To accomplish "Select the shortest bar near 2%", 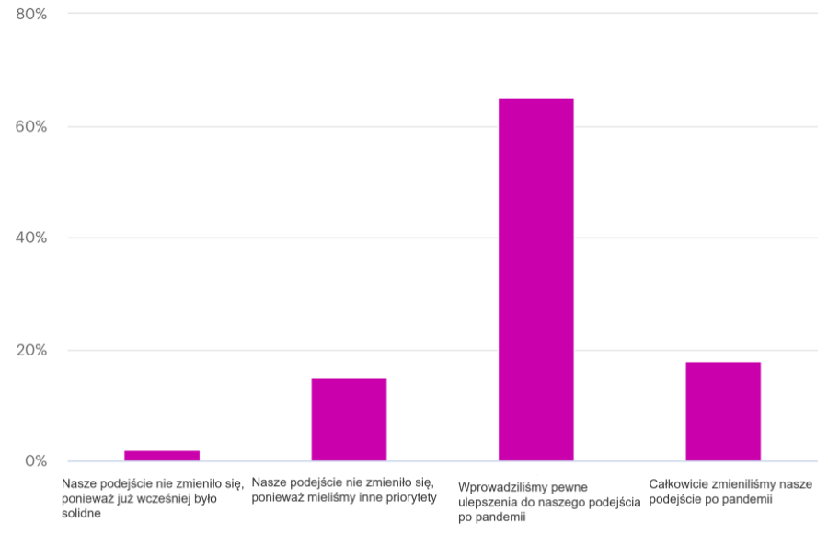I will point(162,456).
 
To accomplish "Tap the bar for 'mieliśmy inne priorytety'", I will point(349,419).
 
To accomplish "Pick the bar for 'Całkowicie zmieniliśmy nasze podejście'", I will point(723,411).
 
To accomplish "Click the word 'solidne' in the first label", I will point(81,514).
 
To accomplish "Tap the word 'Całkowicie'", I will point(679,483).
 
